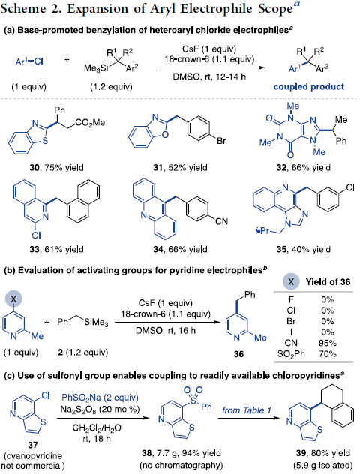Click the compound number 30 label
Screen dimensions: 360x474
pos(34,167)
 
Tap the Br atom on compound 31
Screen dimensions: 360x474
pos(221,141)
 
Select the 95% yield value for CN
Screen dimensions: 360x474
pos(328,343)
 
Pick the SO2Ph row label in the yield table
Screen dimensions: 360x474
pos(291,354)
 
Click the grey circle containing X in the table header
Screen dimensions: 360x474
pos(291,282)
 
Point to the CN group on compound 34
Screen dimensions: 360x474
pos(221,221)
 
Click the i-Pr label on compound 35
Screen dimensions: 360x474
pos(262,231)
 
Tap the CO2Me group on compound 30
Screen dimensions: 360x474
pos(90,123)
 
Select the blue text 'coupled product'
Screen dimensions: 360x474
pos(308,87)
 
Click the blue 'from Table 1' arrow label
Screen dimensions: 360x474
pos(247,410)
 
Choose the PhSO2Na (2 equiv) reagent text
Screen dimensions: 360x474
pos(100,397)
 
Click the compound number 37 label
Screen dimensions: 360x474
pos(33,445)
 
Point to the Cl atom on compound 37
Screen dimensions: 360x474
pos(45,395)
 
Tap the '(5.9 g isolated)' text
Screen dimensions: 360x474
pos(322,465)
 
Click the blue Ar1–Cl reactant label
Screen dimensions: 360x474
pos(29,61)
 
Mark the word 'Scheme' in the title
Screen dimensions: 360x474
pos(23,9)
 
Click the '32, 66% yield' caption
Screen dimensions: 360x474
pos(304,167)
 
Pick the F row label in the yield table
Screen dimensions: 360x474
pos(291,299)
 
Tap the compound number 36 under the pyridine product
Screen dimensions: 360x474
pos(238,354)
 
